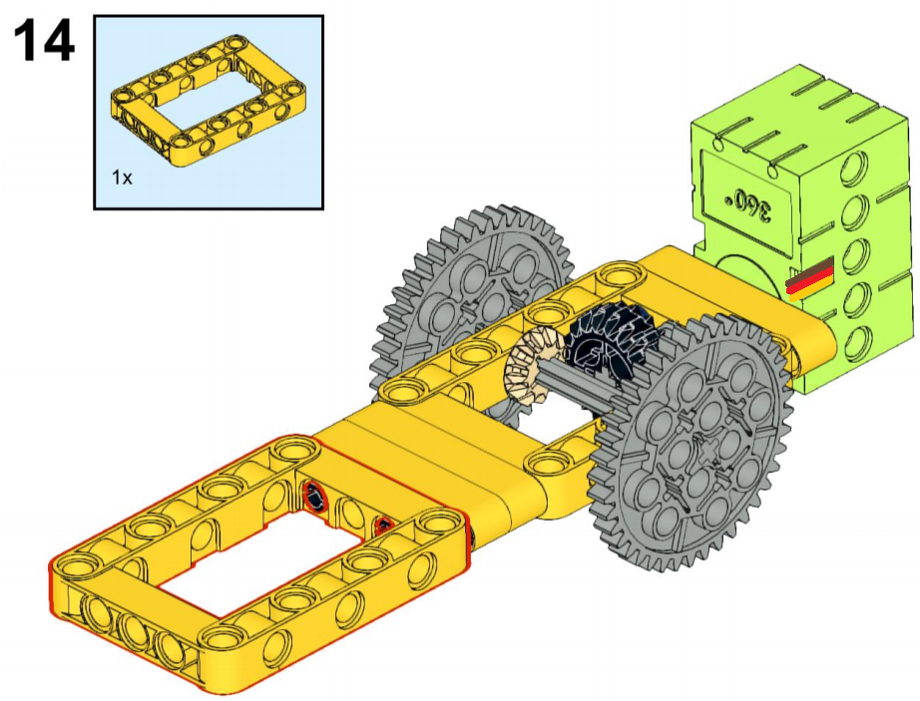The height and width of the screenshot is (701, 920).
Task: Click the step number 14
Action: coord(44,40)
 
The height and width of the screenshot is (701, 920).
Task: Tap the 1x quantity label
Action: coord(122,177)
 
